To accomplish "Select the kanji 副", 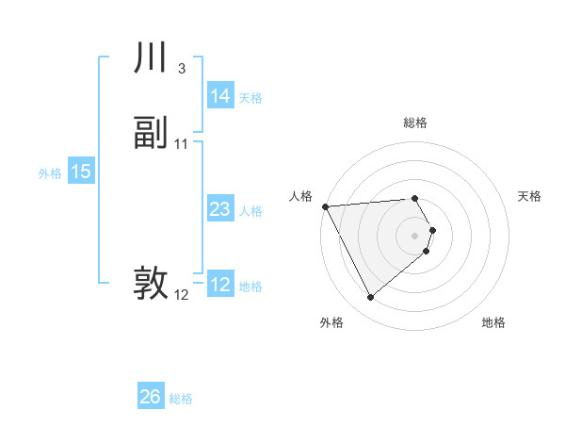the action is pyautogui.click(x=151, y=134).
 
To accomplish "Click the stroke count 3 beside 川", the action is pyautogui.click(x=181, y=68).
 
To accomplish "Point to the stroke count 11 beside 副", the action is pyautogui.click(x=182, y=143).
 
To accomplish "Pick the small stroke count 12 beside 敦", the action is pyautogui.click(x=182, y=295).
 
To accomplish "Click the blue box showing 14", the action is pyautogui.click(x=219, y=96).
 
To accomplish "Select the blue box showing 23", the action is pyautogui.click(x=219, y=209).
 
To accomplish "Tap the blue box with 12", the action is pyautogui.click(x=219, y=285).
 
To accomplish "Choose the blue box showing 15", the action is pyautogui.click(x=80, y=172).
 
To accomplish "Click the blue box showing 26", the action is pyautogui.click(x=150, y=397).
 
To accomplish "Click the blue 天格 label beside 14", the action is pyautogui.click(x=250, y=97).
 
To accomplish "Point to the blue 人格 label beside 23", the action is pyautogui.click(x=250, y=210).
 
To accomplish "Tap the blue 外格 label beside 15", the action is pyautogui.click(x=50, y=172).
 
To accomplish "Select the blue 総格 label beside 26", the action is pyautogui.click(x=181, y=399).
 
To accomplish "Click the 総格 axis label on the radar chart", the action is pyautogui.click(x=415, y=123).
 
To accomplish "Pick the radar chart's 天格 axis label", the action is pyautogui.click(x=529, y=196).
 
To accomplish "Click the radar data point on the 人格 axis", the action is pyautogui.click(x=325, y=206).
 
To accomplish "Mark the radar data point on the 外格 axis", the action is pyautogui.click(x=370, y=298).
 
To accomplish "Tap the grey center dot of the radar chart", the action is pyautogui.click(x=415, y=235).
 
